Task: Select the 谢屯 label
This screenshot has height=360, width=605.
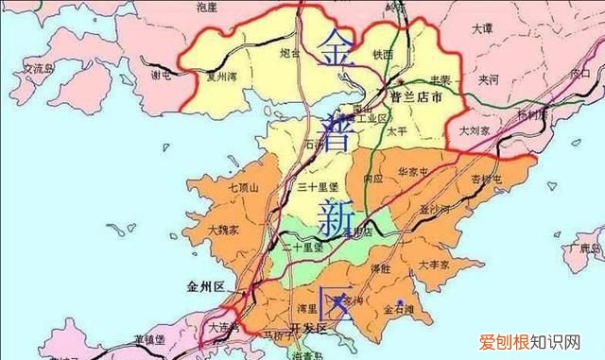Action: click(x=162, y=75)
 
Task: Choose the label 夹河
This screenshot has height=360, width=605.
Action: click(x=489, y=80)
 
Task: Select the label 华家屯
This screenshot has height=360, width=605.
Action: click(x=414, y=173)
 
